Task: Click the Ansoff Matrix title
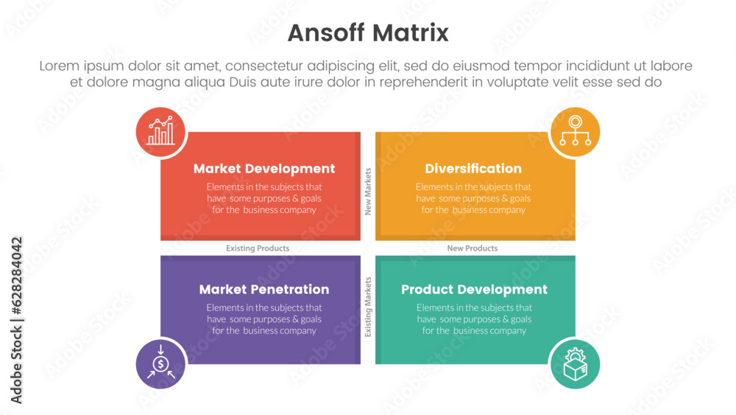[367, 33]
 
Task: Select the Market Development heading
[263, 169]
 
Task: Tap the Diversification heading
[473, 169]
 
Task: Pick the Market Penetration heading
[263, 290]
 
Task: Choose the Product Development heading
[474, 290]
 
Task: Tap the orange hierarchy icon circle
[574, 132]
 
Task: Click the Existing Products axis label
[258, 248]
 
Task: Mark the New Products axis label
[473, 248]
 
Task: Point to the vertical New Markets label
[368, 191]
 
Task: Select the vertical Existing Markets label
[368, 307]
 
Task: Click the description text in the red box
[263, 198]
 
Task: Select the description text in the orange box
[473, 198]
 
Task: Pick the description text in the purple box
[263, 319]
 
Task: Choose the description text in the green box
[474, 319]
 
